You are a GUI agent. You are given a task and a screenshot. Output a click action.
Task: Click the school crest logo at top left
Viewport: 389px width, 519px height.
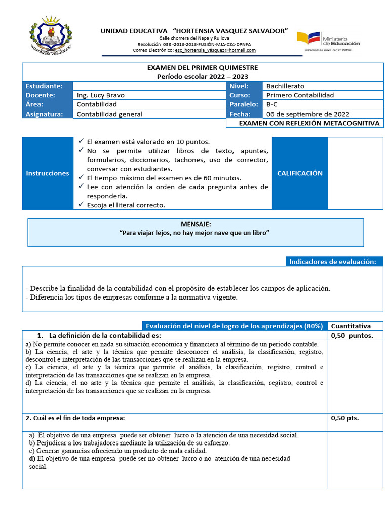[50, 34]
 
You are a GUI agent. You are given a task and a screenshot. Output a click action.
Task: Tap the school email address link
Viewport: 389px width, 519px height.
[215, 50]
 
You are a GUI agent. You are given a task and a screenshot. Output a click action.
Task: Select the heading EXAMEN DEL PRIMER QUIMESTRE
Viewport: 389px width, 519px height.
[202, 68]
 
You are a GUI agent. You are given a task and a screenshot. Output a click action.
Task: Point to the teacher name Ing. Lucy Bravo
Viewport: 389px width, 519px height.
[100, 95]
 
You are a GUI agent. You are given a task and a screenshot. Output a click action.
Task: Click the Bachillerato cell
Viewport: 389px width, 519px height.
[285, 86]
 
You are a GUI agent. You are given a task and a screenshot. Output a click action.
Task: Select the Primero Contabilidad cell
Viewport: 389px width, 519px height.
[300, 95]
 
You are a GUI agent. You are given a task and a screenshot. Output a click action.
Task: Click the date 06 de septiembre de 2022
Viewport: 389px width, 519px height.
[307, 114]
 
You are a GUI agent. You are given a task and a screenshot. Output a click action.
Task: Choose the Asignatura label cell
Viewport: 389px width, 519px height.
[48, 114]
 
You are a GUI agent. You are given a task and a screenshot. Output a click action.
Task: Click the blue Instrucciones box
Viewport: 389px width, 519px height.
[48, 173]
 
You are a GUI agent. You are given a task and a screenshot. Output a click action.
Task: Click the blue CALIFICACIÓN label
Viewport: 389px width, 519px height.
[299, 173]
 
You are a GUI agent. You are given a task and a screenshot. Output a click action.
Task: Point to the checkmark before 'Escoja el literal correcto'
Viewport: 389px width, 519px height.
[81, 205]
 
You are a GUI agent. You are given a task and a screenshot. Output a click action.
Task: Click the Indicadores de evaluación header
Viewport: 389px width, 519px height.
[332, 262]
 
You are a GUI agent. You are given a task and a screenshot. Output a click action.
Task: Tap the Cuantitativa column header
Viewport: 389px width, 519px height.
[351, 326]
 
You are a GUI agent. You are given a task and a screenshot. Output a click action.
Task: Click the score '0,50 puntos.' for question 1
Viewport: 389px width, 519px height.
[352, 336]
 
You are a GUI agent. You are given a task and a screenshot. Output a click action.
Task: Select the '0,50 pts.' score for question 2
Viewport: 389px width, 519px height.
[344, 418]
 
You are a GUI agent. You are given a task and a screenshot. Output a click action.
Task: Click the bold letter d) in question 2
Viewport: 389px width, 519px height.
[32, 459]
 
